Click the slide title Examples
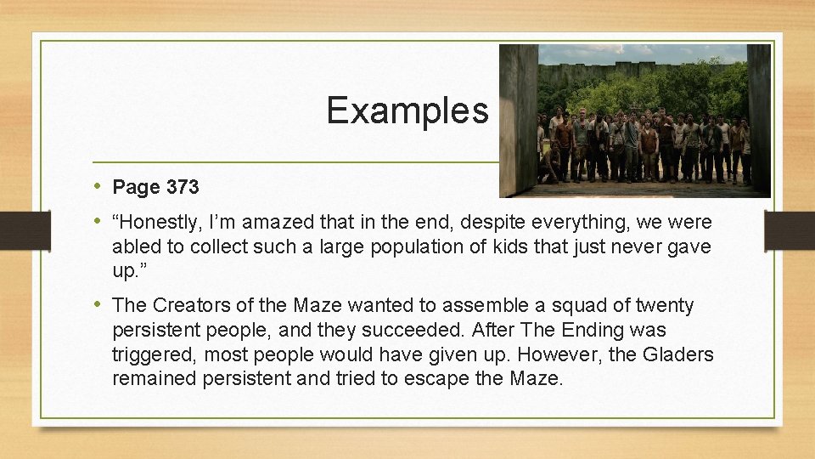[407, 110]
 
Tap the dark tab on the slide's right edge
[789, 230]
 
